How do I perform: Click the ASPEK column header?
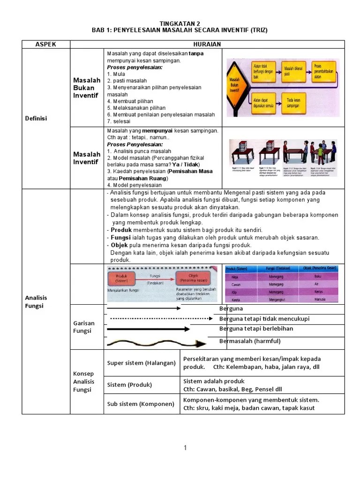(46, 44)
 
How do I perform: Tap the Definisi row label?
(36, 118)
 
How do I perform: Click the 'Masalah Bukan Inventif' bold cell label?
(86, 88)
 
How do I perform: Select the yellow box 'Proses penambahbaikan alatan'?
(324, 70)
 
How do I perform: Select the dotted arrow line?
(159, 319)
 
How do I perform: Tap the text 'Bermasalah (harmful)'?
(249, 341)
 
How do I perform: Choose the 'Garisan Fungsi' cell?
(84, 327)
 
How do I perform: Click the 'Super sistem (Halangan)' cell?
(141, 363)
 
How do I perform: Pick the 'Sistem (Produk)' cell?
(129, 385)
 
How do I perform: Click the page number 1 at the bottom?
(185, 448)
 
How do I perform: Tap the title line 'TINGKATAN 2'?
(180, 23)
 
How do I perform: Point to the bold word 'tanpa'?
(196, 53)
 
